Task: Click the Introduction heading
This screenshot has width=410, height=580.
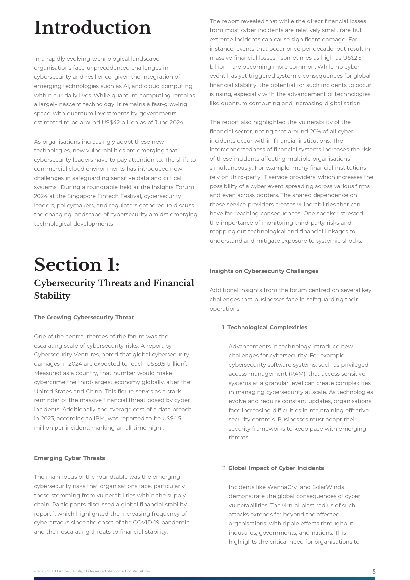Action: (93, 28)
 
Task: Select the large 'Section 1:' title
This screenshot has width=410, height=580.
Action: (77, 265)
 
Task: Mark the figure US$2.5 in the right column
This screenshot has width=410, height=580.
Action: (352, 58)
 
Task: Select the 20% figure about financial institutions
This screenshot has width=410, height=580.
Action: (316, 132)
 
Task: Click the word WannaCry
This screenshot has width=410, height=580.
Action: (282, 487)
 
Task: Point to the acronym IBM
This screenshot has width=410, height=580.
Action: (99, 419)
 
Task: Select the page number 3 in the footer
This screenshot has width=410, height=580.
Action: (374, 571)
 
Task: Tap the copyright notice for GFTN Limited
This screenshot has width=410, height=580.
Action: (93, 571)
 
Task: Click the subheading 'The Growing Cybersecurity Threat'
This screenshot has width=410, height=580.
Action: (84, 318)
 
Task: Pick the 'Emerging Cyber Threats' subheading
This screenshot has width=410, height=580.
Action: (69, 458)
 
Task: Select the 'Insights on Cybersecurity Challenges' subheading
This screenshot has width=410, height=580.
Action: (264, 271)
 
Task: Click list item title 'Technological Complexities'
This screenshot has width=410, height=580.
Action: (267, 328)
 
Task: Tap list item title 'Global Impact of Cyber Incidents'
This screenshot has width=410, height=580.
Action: (276, 468)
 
